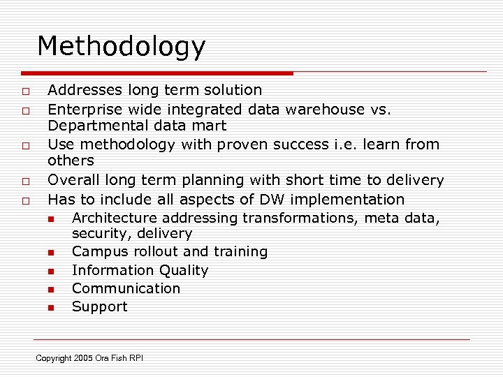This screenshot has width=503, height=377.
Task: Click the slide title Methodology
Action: pos(121,47)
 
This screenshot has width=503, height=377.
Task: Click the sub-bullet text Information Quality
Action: pos(140,270)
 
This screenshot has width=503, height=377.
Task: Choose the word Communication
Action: pos(126,288)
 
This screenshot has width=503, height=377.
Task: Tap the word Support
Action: pos(99,307)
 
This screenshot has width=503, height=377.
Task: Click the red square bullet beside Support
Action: pos(50,308)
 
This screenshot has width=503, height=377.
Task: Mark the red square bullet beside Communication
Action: pos(50,289)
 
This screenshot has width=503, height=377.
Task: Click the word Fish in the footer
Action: pos(118,358)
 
